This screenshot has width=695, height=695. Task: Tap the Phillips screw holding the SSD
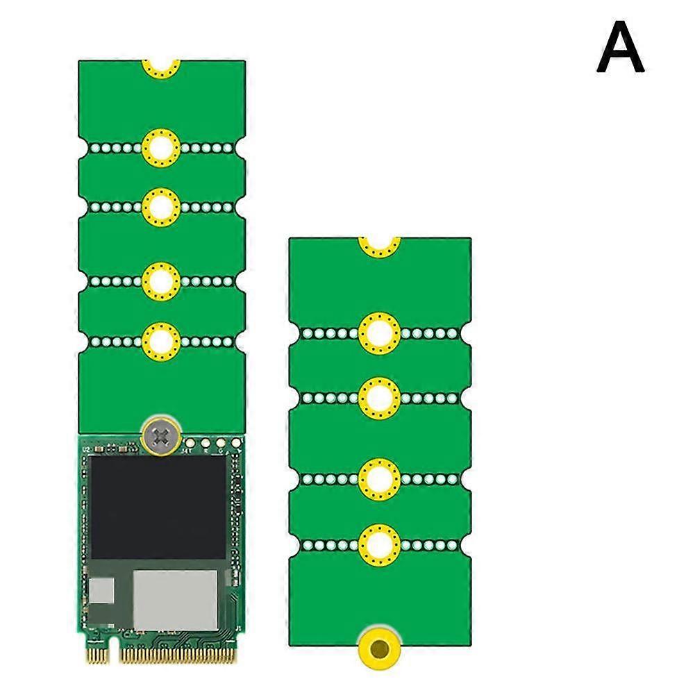click(x=161, y=437)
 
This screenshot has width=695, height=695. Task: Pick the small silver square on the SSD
click(x=103, y=591)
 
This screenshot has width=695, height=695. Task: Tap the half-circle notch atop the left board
click(x=161, y=67)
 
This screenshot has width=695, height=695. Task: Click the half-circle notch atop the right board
click(x=379, y=244)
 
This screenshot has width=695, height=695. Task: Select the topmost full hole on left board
click(x=161, y=148)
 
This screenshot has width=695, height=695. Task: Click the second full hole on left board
click(x=161, y=207)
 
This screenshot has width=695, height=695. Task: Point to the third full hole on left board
click(x=161, y=281)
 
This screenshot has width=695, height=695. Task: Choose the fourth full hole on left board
click(x=161, y=341)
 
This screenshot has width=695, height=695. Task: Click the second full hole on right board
click(x=379, y=397)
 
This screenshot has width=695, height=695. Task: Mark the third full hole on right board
click(x=379, y=479)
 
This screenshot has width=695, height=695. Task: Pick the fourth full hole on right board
click(x=379, y=544)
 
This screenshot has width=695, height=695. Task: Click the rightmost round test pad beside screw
click(x=235, y=442)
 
